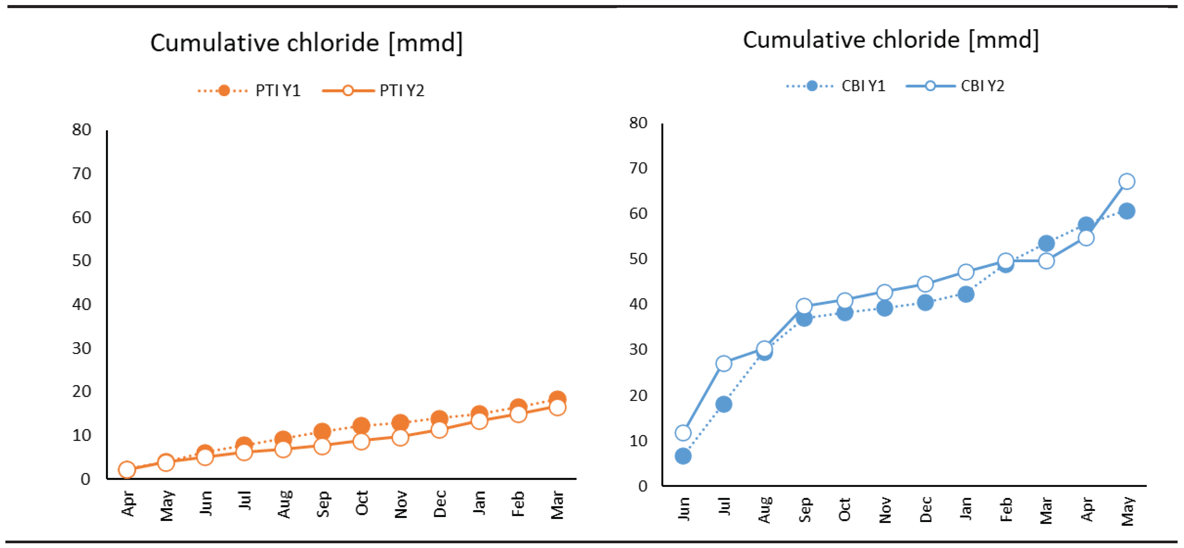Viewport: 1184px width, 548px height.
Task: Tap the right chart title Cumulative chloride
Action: click(x=890, y=40)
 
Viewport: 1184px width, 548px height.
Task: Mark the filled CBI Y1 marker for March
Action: click(x=1046, y=243)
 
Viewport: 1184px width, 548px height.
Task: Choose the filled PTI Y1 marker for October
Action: click(x=361, y=426)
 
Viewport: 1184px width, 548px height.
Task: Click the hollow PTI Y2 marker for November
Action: click(x=400, y=438)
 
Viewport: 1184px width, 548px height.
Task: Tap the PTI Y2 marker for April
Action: click(x=127, y=470)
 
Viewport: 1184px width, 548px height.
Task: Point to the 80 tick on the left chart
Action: click(x=81, y=130)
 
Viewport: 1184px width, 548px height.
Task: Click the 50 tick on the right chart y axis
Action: click(x=638, y=259)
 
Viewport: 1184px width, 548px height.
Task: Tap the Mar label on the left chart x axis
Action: click(x=557, y=505)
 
